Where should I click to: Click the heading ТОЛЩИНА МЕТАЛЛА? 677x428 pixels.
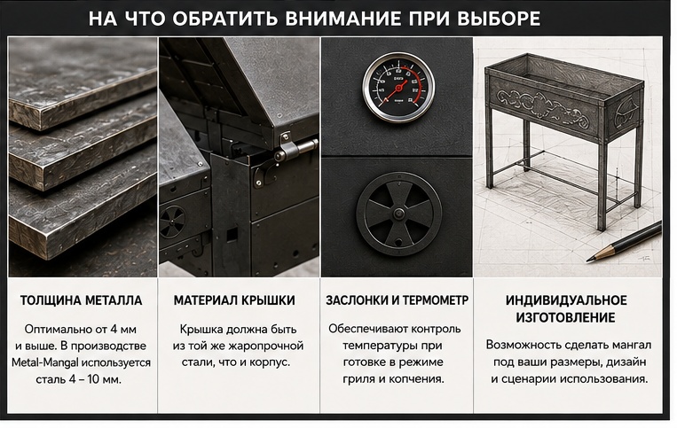pos(81,300)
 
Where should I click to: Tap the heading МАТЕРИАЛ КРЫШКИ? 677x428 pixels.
pos(234,300)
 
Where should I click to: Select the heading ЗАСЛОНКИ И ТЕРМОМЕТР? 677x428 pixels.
pos(397,300)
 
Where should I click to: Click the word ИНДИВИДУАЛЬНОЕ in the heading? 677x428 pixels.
pos(566,300)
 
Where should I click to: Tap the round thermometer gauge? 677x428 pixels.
pos(398,87)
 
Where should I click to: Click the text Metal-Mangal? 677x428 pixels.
pos(45,362)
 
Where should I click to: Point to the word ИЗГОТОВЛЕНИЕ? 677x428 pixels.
pos(565,317)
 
